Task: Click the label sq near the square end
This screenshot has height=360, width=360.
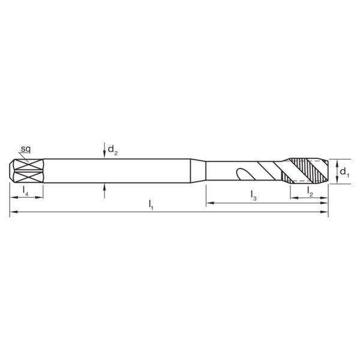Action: pyautogui.click(x=25, y=149)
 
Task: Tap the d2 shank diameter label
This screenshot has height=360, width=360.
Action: pyautogui.click(x=113, y=150)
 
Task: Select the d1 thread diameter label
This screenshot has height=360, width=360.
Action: pyautogui.click(x=344, y=172)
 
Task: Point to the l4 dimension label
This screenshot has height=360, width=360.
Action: pyautogui.click(x=25, y=190)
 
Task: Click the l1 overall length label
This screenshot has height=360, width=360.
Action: pyautogui.click(x=151, y=205)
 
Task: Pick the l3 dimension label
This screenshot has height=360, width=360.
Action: pyautogui.click(x=253, y=196)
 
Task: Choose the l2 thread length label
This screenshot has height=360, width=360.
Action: pyautogui.click(x=310, y=192)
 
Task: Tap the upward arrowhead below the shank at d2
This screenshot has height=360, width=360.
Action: pyautogui.click(x=104, y=188)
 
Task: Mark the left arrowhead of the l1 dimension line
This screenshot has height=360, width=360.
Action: pyautogui.click(x=14, y=212)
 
